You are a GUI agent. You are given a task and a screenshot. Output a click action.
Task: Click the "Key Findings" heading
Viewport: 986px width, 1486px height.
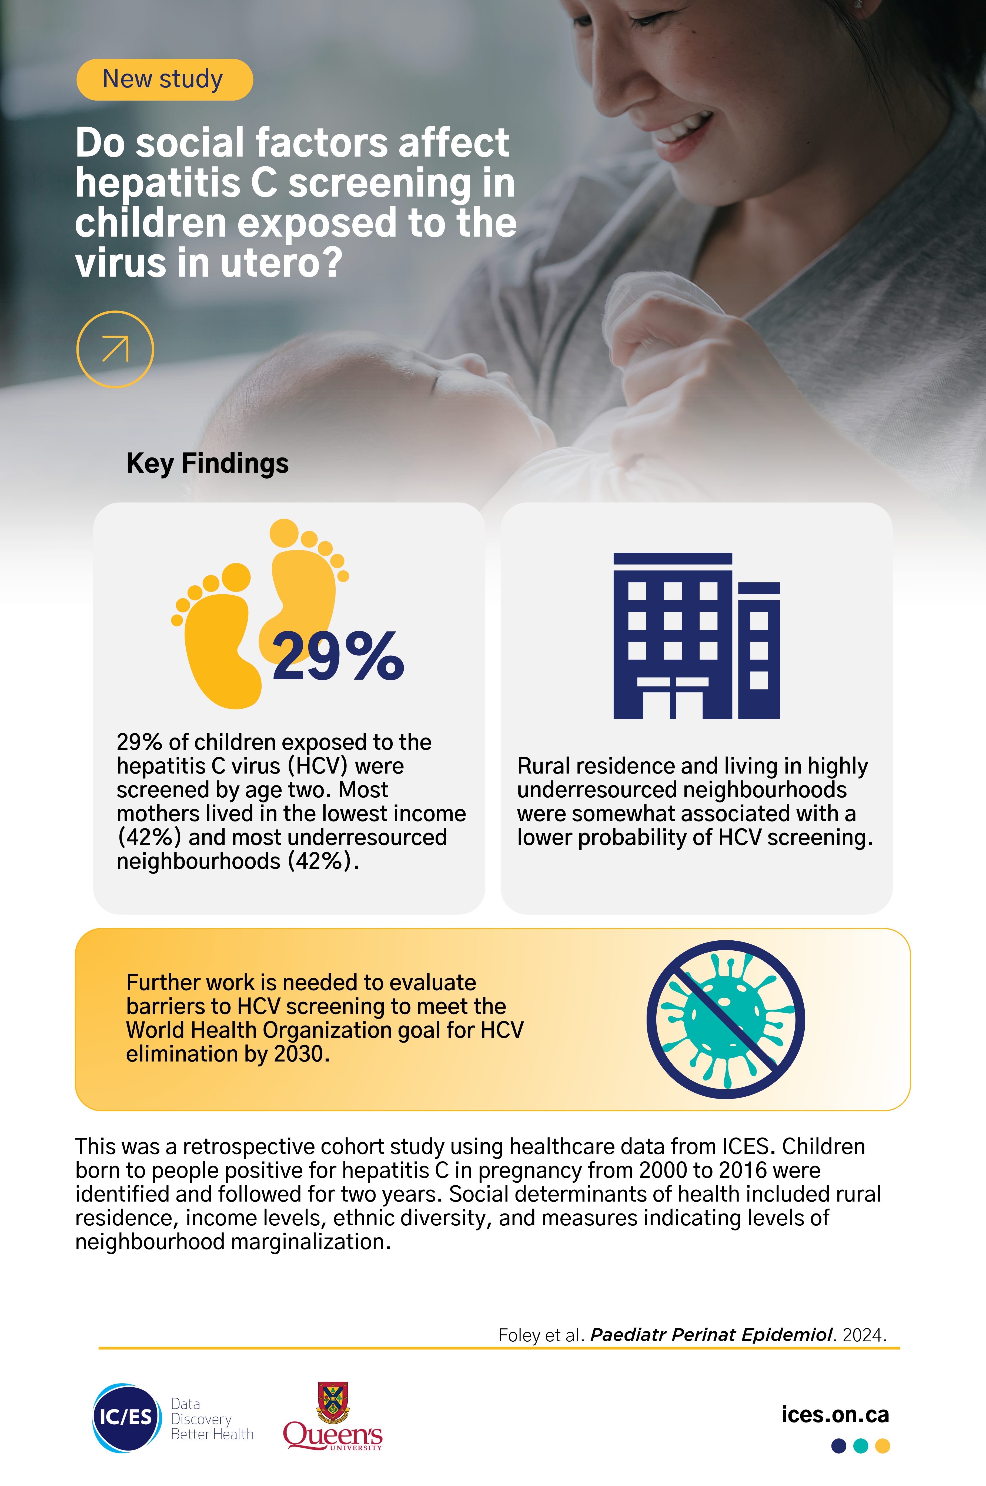208,463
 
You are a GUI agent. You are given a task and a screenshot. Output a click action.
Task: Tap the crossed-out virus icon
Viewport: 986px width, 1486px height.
726,1019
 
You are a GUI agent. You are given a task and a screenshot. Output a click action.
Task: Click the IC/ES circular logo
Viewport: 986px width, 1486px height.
126,1417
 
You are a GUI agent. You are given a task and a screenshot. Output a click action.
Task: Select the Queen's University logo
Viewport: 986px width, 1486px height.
333,1416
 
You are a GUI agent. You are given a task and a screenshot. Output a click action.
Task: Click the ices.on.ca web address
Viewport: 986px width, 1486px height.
835,1414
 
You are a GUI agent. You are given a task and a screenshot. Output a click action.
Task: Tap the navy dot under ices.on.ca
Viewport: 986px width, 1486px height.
839,1446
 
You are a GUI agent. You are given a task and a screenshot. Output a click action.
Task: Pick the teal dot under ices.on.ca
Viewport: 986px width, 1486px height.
861,1446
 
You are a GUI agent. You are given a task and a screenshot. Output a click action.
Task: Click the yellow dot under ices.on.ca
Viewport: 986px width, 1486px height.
883,1446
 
